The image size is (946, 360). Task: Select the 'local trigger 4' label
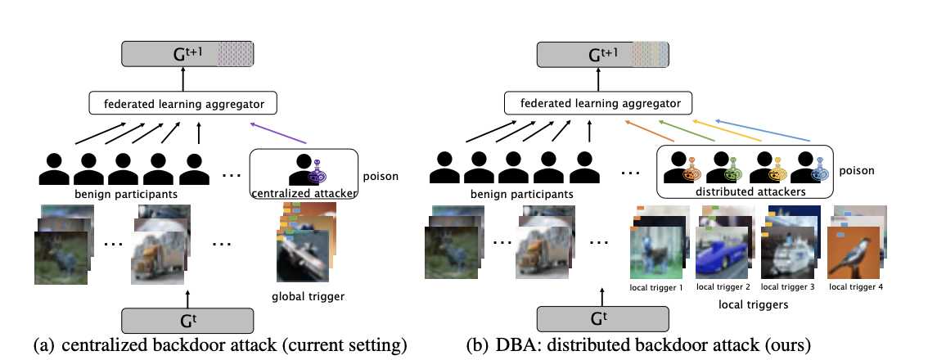855,287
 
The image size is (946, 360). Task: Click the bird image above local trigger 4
854,250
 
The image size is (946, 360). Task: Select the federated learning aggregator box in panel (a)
183,102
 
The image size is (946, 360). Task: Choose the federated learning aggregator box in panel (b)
598,102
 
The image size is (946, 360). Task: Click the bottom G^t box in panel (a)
187,320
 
